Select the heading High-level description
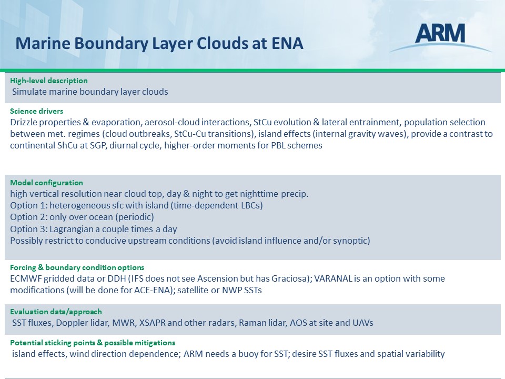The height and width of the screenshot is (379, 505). coord(48,81)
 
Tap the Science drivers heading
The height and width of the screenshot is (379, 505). coord(36,111)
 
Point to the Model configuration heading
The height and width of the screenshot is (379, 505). coord(46,183)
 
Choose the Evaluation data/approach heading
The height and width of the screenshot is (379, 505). coord(56,312)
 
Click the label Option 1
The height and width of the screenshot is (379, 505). coord(28,205)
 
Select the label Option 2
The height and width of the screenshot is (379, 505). coord(28,217)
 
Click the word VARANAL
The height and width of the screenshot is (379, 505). coord(333,278)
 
